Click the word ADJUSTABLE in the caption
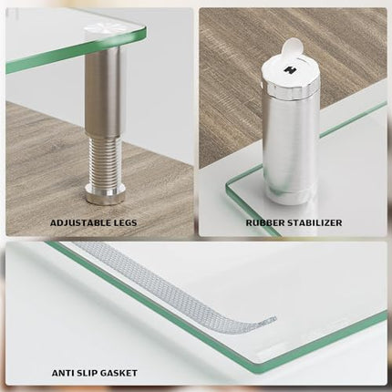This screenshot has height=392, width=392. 79,222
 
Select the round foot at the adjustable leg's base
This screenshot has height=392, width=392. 103,194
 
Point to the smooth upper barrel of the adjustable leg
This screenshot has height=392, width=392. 103,91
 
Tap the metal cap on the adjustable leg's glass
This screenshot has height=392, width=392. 102,35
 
